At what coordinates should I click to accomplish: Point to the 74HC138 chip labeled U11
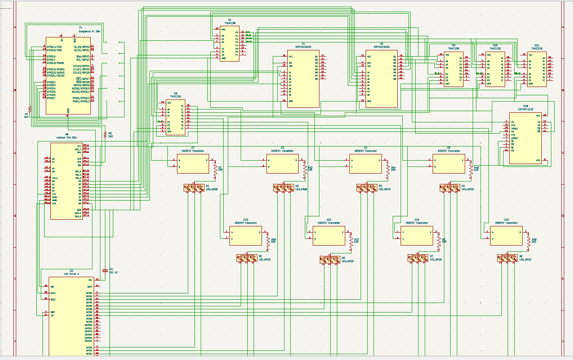point(537,69)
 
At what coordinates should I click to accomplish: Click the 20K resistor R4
point(30,109)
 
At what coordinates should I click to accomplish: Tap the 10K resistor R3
point(105,135)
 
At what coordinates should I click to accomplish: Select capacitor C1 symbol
point(105,271)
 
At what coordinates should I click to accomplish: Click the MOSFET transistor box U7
point(193,164)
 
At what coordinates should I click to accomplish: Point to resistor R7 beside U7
point(216,168)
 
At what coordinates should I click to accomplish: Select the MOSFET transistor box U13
point(329,236)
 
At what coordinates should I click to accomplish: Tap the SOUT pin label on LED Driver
point(90,286)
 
